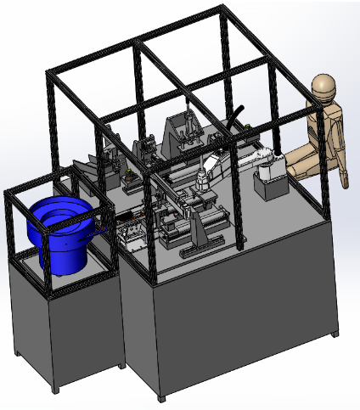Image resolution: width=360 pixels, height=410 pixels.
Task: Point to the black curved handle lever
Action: click(237, 115)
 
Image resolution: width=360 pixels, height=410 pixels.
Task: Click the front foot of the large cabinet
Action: click(161, 396)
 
